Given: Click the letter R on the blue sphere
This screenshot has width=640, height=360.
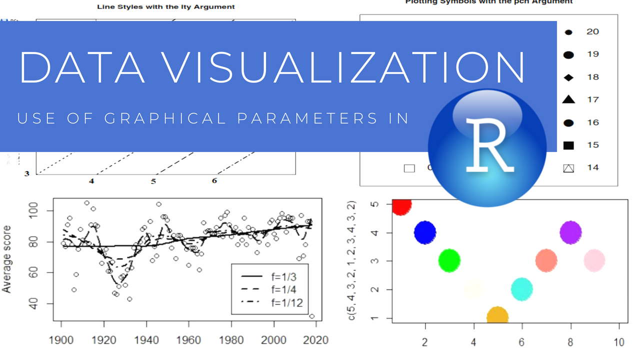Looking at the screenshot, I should click(489, 144).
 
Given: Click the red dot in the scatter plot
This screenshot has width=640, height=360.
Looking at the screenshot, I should click(401, 204).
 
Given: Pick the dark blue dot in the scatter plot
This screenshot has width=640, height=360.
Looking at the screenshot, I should click(425, 232).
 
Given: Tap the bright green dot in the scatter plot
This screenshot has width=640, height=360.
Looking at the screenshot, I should click(449, 260).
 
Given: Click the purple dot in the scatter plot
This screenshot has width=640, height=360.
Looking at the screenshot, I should click(570, 232).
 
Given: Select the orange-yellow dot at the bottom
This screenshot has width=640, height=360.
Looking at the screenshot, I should click(497, 316).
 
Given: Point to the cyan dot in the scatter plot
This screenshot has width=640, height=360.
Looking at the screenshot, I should click(522, 289).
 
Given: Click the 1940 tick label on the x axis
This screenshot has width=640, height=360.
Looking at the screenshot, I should click(146, 340).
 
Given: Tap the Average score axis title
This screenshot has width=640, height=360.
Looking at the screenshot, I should click(7, 259).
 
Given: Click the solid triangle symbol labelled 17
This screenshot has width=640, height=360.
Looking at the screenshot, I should click(568, 99).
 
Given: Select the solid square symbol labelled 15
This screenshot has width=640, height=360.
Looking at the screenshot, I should click(568, 145).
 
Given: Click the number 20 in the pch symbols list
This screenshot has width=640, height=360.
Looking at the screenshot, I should click(592, 31).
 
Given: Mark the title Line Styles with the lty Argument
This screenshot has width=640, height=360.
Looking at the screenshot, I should click(165, 7).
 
